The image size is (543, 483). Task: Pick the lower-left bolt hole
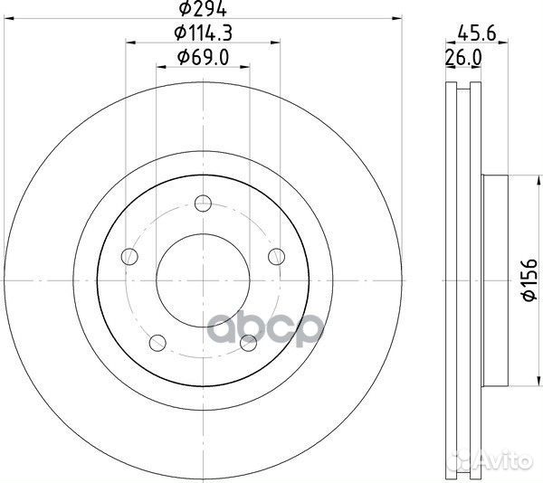click(157, 341)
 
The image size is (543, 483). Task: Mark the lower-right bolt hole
click(248, 341)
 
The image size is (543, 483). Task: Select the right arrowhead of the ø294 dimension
click(395, 17)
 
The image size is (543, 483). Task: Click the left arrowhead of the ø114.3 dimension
click(129, 42)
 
